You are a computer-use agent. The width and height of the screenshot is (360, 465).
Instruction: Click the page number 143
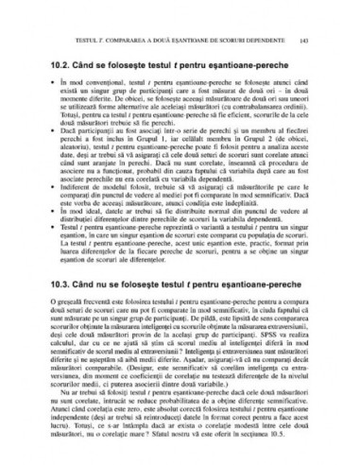325,40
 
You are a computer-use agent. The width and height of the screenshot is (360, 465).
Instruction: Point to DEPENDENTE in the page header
284,40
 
